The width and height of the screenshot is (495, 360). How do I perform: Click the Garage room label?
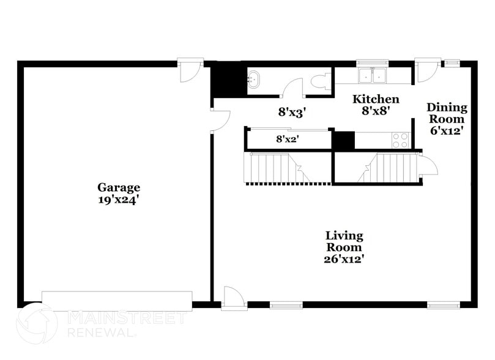(119, 187)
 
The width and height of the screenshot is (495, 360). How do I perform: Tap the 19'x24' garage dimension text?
(119, 199)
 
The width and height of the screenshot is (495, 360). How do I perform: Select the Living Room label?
(344, 241)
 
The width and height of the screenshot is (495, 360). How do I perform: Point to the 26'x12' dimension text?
(344, 258)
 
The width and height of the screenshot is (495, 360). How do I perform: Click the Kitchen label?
(376, 99)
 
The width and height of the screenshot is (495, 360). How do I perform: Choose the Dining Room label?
(447, 113)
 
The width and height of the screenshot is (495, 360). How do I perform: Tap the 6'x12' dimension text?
(447, 130)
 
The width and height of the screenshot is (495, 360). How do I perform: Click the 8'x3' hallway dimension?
(292, 112)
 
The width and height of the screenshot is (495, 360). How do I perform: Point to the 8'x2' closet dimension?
(286, 140)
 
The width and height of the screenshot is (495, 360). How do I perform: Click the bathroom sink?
(255, 79)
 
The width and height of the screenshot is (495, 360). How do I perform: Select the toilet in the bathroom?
(319, 81)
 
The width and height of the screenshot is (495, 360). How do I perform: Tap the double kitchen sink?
(372, 75)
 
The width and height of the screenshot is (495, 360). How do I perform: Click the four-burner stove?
(400, 140)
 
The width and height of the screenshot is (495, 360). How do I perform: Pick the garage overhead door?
(117, 300)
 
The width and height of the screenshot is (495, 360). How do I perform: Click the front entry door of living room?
(234, 298)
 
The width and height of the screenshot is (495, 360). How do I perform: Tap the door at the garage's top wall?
(190, 70)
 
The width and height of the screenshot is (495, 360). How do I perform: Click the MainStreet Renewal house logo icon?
(37, 323)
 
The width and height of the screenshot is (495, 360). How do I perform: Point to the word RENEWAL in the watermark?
(100, 332)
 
